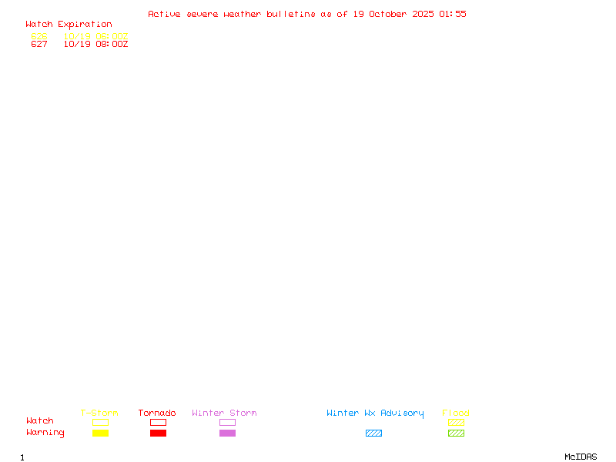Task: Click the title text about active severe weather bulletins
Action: [x=306, y=14]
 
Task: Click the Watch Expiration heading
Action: [x=69, y=25]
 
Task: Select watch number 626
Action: [x=39, y=36]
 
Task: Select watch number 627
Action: [x=39, y=45]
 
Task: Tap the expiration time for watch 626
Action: [x=95, y=36]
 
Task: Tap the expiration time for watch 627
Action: [x=95, y=45]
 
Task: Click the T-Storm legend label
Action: [x=99, y=413]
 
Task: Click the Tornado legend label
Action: [x=157, y=413]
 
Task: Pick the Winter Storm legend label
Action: [x=224, y=413]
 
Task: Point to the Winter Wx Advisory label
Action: [x=375, y=413]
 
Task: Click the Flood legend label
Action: [x=456, y=413]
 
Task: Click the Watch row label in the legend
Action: [x=40, y=421]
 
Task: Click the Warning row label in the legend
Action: [x=45, y=433]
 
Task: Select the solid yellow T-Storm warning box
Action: [x=100, y=434]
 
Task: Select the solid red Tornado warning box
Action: [x=158, y=434]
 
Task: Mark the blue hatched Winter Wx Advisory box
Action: [x=373, y=434]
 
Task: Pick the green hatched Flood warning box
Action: [x=456, y=434]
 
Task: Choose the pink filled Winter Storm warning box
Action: [x=227, y=434]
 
